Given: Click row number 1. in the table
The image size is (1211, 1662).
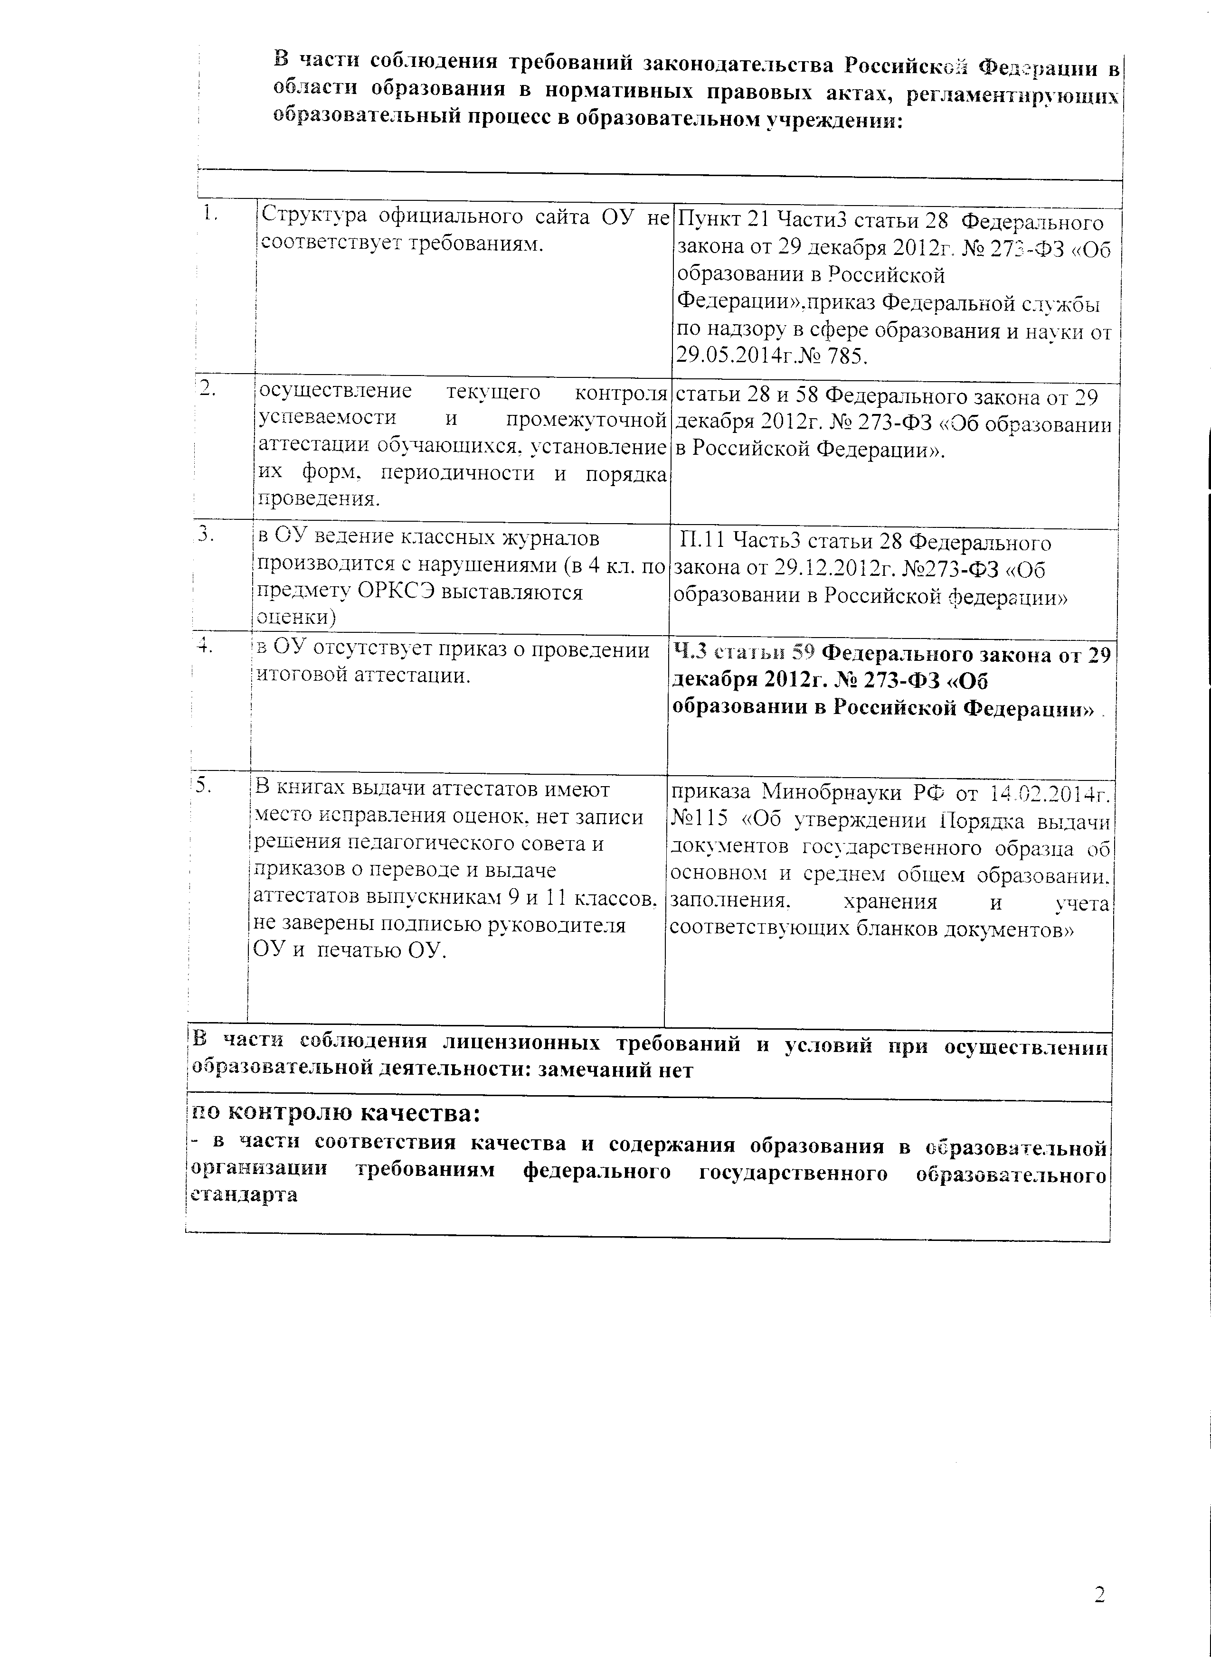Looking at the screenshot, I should (211, 214).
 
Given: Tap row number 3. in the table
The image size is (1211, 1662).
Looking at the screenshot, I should (206, 534).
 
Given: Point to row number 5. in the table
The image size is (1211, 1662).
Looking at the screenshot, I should (203, 784).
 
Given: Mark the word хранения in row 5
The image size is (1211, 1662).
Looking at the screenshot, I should (890, 902).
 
